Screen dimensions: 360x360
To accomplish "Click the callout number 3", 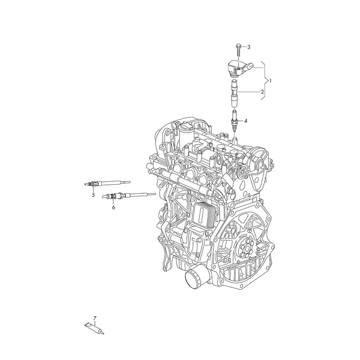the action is [x=249, y=47].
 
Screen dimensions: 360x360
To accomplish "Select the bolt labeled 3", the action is [x=238, y=50].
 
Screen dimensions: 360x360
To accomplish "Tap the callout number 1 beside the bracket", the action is [x=270, y=81].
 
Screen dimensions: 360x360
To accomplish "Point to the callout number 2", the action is [x=262, y=92].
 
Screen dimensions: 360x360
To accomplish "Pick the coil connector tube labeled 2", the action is [x=234, y=94].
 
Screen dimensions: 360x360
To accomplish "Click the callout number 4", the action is [x=245, y=121].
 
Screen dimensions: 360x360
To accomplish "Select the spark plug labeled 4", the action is [x=234, y=121].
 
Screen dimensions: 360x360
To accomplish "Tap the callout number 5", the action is [x=93, y=195].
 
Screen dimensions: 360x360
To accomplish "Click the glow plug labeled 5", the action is [x=107, y=184].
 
